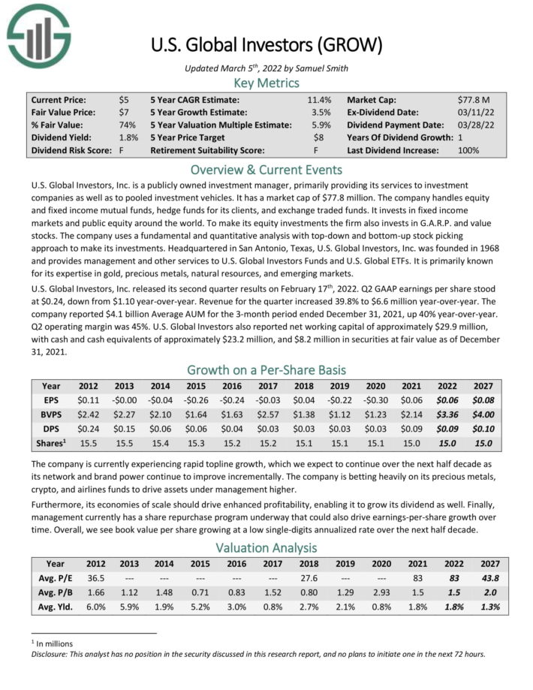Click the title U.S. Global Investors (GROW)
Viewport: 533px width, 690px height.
point(266,46)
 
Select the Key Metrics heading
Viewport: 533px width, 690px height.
point(266,83)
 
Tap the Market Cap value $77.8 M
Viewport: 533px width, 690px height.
point(473,100)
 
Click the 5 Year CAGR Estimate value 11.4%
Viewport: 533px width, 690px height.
point(319,100)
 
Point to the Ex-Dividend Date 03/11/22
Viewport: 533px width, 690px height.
point(472,113)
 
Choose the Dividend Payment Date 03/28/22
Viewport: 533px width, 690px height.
point(472,125)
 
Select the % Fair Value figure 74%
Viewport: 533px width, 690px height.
point(127,125)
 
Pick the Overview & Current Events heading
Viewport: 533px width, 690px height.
point(266,169)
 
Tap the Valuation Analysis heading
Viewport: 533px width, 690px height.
point(266,549)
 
